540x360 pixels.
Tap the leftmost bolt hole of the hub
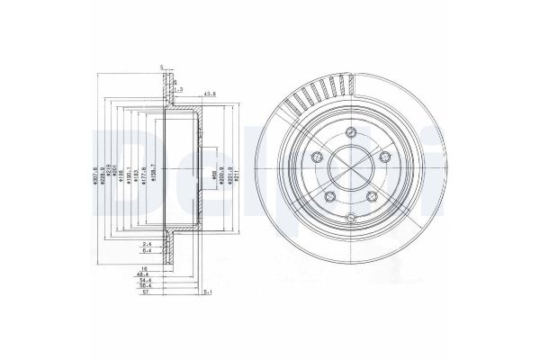315,158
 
